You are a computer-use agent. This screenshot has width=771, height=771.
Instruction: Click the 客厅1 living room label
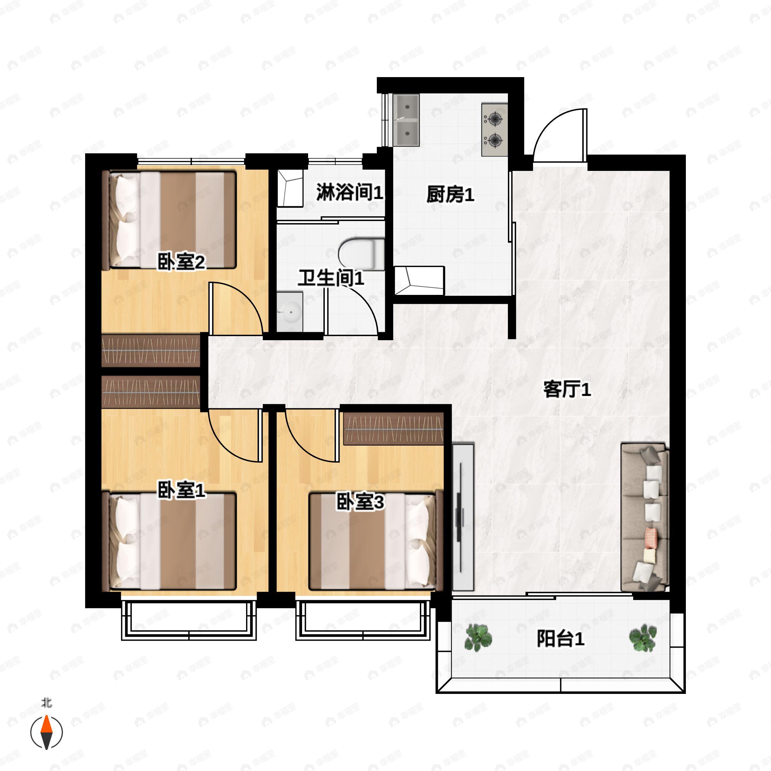point(567,389)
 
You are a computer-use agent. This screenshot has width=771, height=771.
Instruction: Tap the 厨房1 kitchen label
point(450,194)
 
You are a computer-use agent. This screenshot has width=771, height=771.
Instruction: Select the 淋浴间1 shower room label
point(350,192)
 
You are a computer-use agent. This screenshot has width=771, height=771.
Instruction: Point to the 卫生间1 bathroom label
point(331,278)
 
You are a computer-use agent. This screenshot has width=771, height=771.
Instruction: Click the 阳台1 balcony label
point(560,639)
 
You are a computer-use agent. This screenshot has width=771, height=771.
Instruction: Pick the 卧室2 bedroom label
point(181,262)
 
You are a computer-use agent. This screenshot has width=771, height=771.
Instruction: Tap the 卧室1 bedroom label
point(181,490)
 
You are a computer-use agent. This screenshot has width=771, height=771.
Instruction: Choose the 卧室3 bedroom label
point(360,502)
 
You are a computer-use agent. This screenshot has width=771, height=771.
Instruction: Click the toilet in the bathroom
point(361,254)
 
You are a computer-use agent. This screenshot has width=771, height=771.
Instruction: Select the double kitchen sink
point(406,120)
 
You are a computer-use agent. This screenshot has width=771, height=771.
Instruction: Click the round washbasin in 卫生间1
point(290,311)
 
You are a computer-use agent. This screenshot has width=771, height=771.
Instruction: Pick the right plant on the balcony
point(642,638)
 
